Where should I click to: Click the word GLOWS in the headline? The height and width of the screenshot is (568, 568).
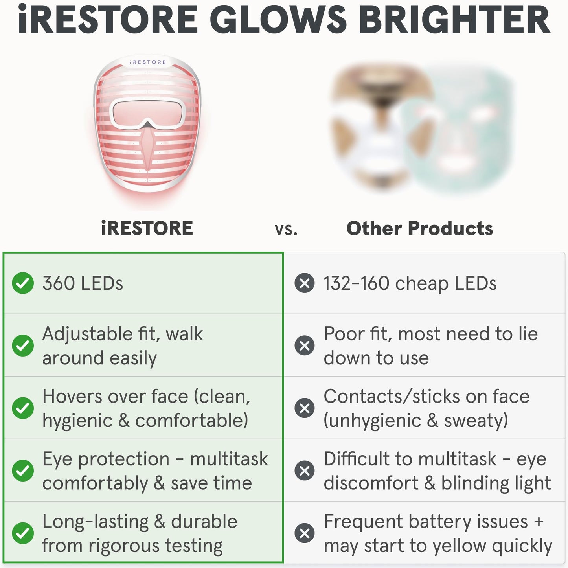click(278, 20)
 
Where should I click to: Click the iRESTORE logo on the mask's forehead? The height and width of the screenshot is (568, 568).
click(148, 62)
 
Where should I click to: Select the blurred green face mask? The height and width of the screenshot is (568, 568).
click(460, 130)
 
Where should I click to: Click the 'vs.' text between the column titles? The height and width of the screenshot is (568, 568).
click(286, 229)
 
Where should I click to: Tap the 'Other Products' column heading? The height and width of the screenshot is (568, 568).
click(419, 228)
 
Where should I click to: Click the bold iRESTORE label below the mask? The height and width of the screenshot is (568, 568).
click(147, 228)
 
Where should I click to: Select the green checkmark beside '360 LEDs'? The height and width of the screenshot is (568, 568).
click(23, 283)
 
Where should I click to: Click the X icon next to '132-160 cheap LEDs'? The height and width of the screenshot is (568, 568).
click(305, 283)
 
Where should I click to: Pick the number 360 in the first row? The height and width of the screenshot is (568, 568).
click(59, 283)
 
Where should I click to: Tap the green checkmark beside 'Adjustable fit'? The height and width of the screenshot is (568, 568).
click(23, 346)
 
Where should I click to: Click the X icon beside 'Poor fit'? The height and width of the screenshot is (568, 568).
click(305, 346)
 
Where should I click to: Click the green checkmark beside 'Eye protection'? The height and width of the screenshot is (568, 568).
click(23, 471)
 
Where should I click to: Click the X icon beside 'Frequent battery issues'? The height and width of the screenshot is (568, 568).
click(305, 533)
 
